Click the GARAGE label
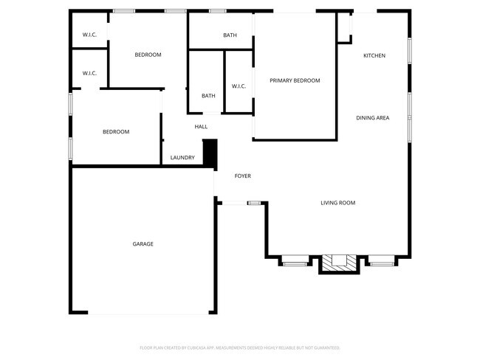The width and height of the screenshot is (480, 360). (143, 243)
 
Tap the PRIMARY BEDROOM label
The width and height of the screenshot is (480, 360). (295, 80)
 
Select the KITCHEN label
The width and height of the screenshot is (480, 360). (374, 55)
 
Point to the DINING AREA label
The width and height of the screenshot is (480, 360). (373, 118)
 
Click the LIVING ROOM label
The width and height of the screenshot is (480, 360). (338, 203)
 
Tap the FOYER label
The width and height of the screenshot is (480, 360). (243, 176)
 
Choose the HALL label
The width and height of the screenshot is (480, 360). (201, 127)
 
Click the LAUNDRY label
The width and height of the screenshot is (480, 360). (182, 157)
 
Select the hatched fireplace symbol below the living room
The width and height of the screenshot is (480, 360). (339, 262)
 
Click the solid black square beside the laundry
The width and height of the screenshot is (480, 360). (210, 153)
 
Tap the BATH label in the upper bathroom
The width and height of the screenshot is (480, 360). (230, 35)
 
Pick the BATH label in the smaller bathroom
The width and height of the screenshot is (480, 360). (208, 95)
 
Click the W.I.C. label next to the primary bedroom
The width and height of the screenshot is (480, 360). (239, 86)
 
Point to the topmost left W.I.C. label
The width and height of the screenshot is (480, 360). (89, 35)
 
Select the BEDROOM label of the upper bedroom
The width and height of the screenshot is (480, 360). (148, 55)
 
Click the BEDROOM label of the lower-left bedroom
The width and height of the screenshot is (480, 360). (116, 132)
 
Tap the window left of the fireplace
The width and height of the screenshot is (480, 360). (295, 262)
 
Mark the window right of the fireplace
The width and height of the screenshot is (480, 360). (382, 262)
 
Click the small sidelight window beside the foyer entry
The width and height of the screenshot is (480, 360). (254, 202)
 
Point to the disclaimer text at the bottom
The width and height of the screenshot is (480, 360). (239, 347)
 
